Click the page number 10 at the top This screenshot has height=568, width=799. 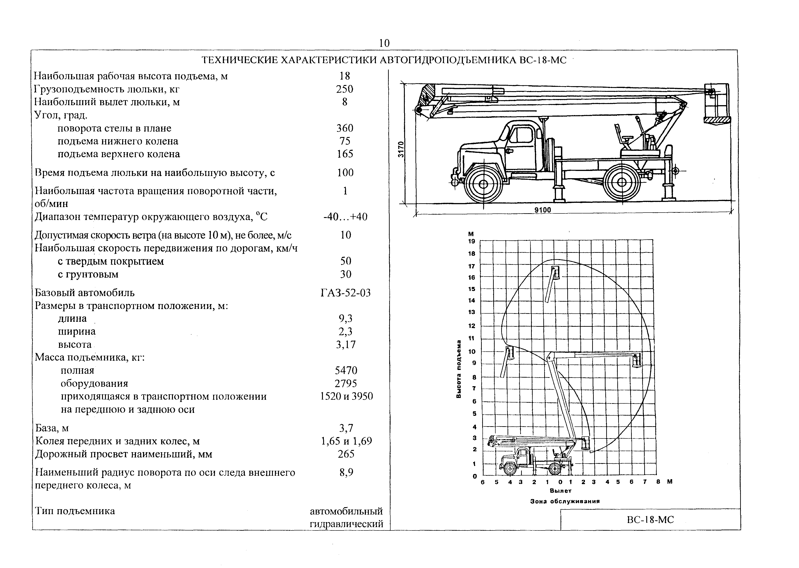point(384,43)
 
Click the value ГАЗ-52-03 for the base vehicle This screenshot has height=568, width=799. point(346,293)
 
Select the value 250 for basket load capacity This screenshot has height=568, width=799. point(345,89)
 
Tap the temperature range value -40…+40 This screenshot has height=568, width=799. point(346,217)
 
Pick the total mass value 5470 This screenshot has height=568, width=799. point(346,370)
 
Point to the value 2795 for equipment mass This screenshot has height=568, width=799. point(346,383)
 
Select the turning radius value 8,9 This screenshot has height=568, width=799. point(346,473)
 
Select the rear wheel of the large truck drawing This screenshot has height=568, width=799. point(622,182)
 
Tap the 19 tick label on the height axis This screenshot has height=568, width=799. point(472,241)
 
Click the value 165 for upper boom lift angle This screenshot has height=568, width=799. point(345,154)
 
